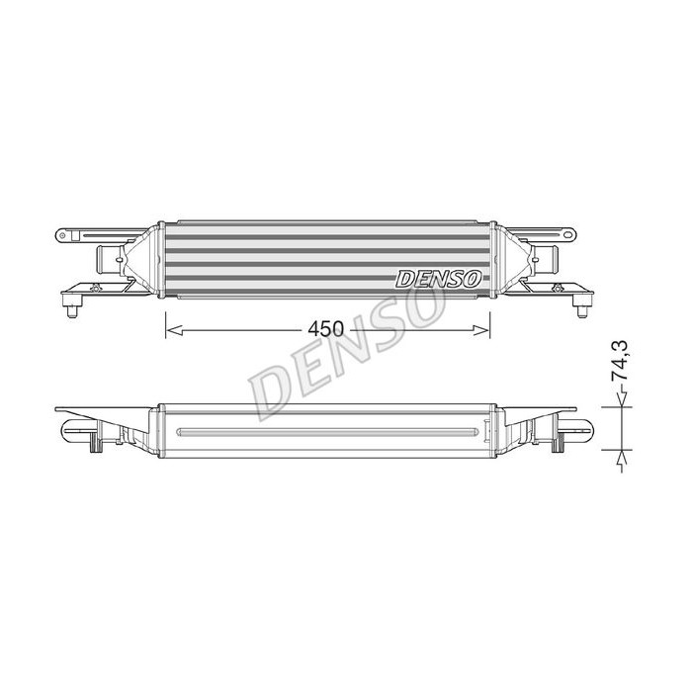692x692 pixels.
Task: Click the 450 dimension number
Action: [x=325, y=329]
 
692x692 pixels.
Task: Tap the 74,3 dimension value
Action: [x=620, y=361]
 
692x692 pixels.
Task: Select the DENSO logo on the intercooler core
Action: [x=438, y=279]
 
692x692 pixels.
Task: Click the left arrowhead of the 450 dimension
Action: [x=174, y=329]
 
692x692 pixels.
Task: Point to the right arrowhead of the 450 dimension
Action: [x=481, y=329]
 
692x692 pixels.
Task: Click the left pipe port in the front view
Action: [x=107, y=260]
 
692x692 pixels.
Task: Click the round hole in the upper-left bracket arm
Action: [x=62, y=235]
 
